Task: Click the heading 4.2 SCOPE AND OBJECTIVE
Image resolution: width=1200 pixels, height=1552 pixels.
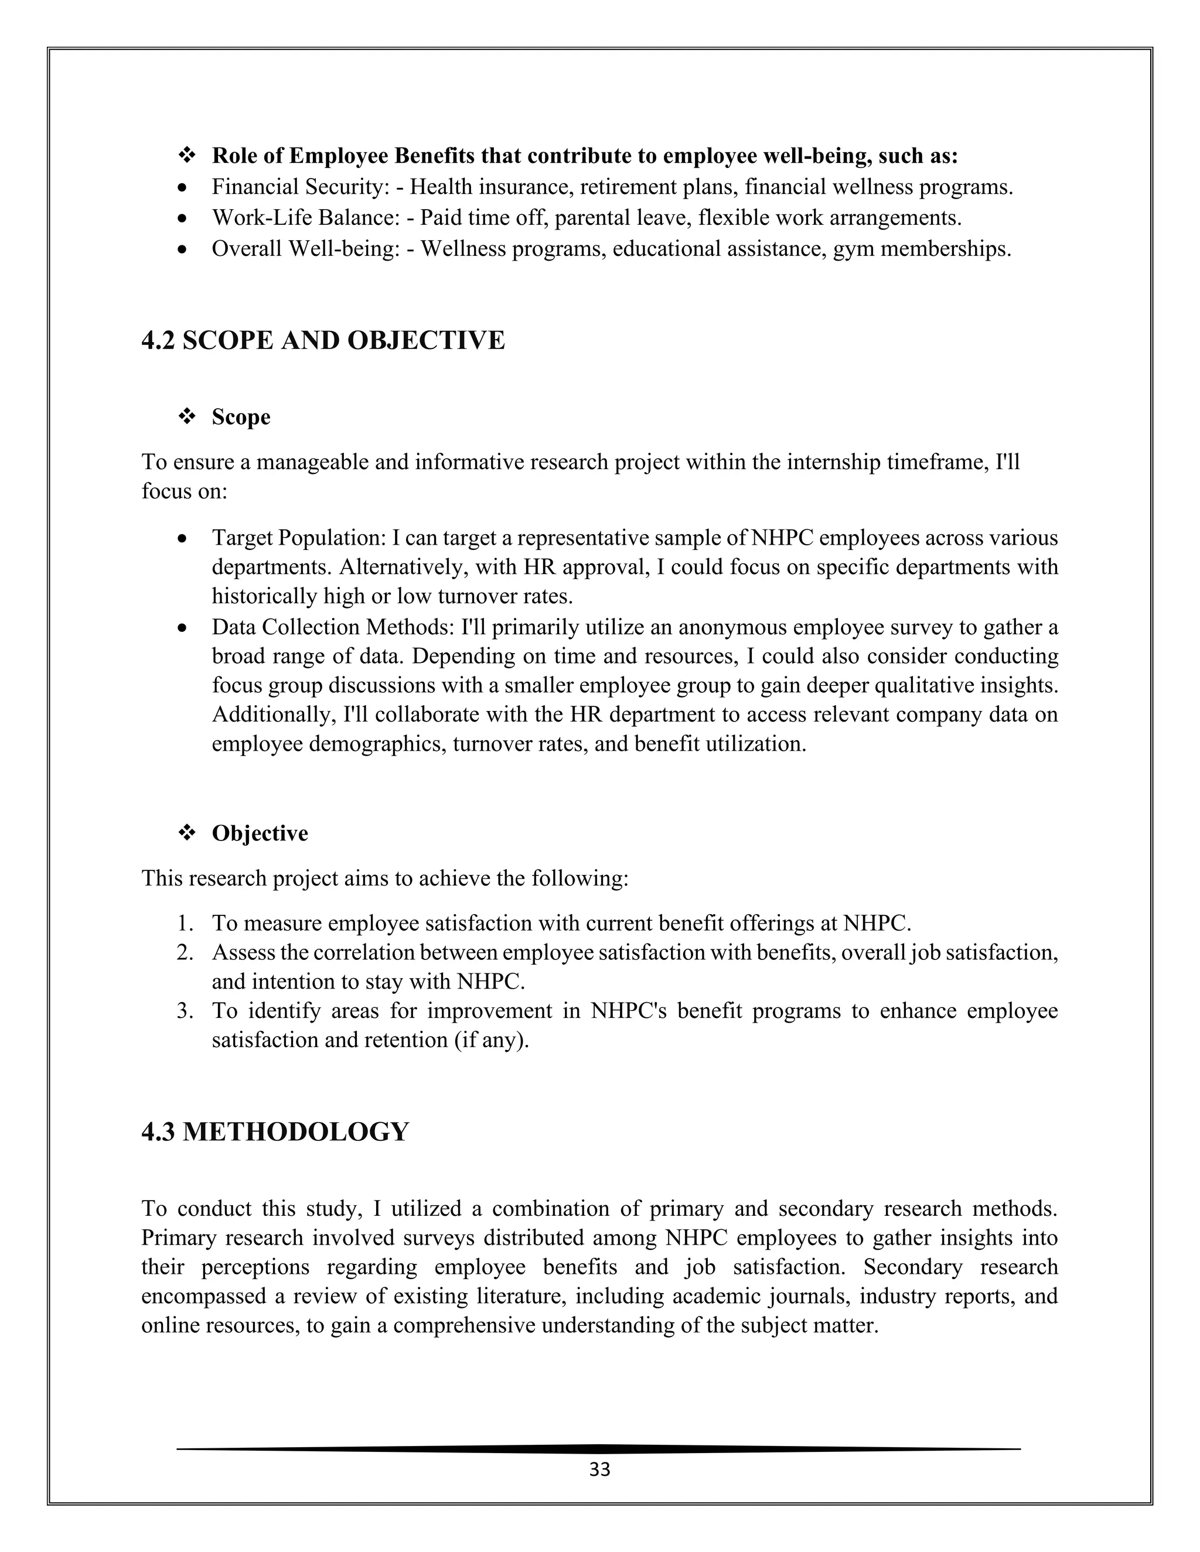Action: point(323,340)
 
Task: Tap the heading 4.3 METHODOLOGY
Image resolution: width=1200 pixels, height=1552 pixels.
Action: point(275,1131)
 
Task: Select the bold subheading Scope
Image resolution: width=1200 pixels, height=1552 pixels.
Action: point(241,417)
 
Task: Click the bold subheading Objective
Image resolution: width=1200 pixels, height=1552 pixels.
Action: point(260,833)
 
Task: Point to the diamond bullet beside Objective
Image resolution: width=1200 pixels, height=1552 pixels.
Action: point(186,833)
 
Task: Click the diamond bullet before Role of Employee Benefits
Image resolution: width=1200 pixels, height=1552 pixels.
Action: point(186,156)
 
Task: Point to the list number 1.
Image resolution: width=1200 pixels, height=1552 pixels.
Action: point(186,923)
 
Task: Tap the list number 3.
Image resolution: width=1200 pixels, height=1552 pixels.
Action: point(186,1010)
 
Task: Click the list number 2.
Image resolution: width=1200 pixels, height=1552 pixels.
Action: point(186,952)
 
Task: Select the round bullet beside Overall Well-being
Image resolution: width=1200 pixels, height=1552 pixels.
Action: point(183,250)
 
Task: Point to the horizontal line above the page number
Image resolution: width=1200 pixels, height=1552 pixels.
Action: point(599,1448)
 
